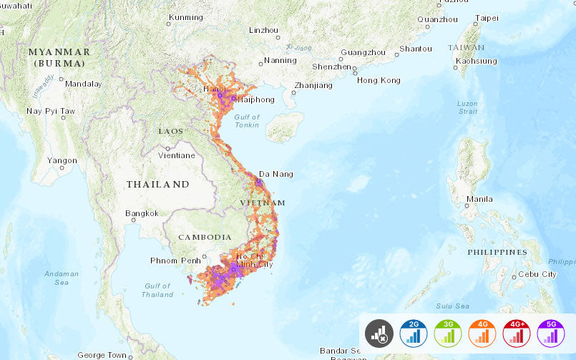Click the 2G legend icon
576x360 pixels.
pyautogui.click(x=414, y=333)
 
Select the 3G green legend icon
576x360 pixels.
pyautogui.click(x=448, y=333)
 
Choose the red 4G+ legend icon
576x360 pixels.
pyautogui.click(x=517, y=333)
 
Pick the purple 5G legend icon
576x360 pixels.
pyautogui.click(x=551, y=333)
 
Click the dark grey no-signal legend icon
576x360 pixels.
pyautogui.click(x=379, y=333)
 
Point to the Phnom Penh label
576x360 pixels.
pyautogui.click(x=175, y=261)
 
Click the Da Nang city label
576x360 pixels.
pyautogui.click(x=275, y=174)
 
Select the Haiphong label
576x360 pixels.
pyautogui.click(x=255, y=99)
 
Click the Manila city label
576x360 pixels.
pyautogui.click(x=479, y=198)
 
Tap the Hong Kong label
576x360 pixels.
pyautogui.click(x=379, y=80)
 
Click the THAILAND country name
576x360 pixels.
pyautogui.click(x=158, y=185)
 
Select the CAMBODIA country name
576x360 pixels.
pyautogui.click(x=205, y=237)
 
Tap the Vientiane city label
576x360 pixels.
pyautogui.click(x=176, y=155)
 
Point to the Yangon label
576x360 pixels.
pyautogui.click(x=62, y=160)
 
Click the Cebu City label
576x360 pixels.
pyautogui.click(x=538, y=274)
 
